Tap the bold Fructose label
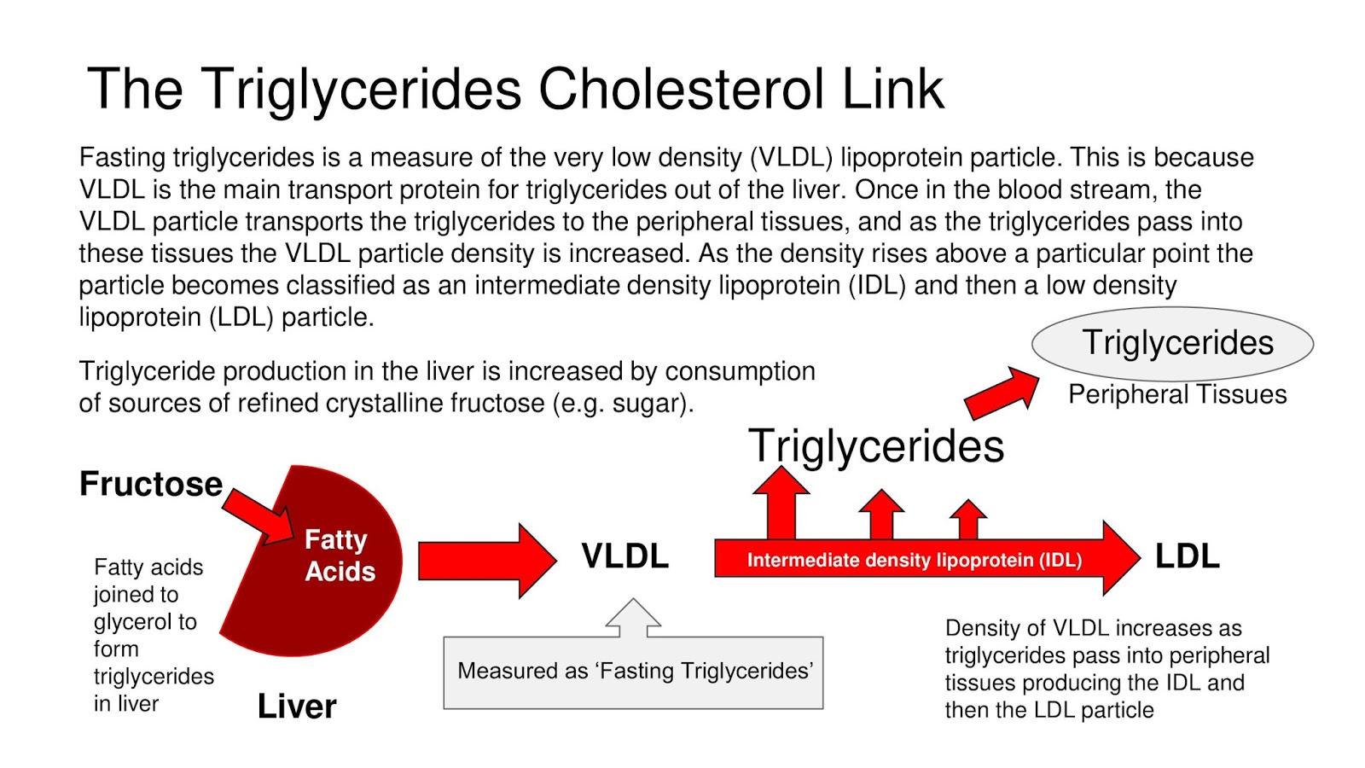151,484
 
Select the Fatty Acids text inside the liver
339,556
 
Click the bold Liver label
297,707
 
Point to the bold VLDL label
624,556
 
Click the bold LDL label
1187,556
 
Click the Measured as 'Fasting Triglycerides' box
634,672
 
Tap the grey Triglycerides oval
1173,343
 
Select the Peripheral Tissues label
1177,394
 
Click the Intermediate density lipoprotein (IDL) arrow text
914,561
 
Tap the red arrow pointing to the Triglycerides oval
1002,393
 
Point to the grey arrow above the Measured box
633,616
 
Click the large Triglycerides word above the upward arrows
876,445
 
